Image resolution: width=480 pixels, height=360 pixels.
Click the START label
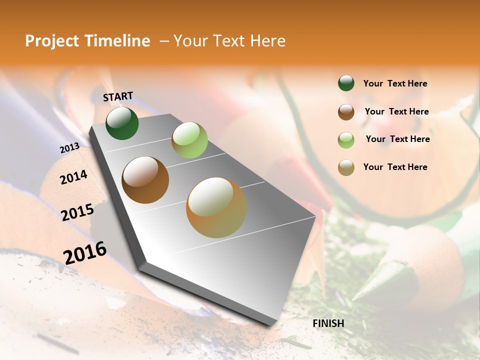click(118, 96)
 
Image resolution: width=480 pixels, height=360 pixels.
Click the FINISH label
click(328, 323)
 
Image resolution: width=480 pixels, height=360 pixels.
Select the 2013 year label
click(69, 148)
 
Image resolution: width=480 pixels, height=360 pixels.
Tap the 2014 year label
click(73, 177)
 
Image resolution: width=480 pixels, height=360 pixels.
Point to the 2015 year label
click(77, 212)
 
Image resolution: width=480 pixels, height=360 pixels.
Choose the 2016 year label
click(85, 252)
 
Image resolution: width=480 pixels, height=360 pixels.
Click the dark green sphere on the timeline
click(122, 123)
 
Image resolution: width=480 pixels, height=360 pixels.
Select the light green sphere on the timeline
click(189, 139)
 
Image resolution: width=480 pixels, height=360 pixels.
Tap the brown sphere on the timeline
click(145, 179)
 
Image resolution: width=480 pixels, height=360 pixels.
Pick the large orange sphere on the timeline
click(216, 207)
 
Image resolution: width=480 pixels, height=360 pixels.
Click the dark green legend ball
click(346, 83)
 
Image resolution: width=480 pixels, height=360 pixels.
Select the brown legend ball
click(346, 111)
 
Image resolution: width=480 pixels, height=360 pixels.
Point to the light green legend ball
click(346, 139)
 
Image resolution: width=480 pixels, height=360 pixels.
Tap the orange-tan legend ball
click(346, 167)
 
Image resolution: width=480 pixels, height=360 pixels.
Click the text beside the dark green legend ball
click(395, 83)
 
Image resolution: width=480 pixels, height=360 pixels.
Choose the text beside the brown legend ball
click(396, 111)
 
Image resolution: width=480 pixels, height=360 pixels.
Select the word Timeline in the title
click(118, 41)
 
